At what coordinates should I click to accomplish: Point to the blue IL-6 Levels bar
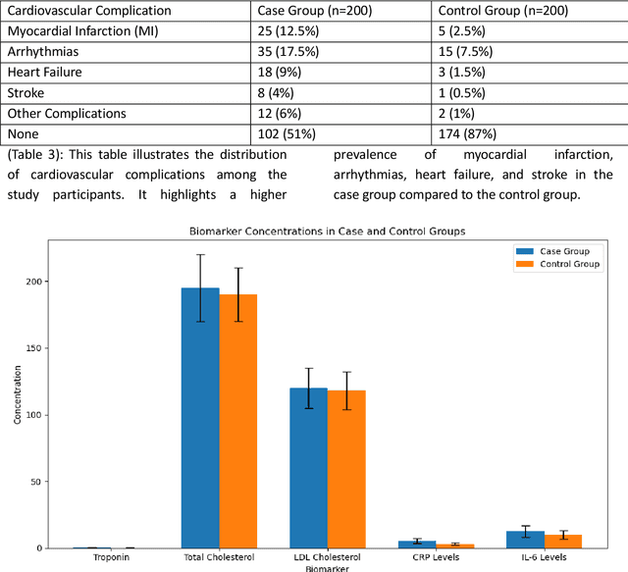525,540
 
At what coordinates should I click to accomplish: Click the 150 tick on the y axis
37,348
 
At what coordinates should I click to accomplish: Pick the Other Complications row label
66,114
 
